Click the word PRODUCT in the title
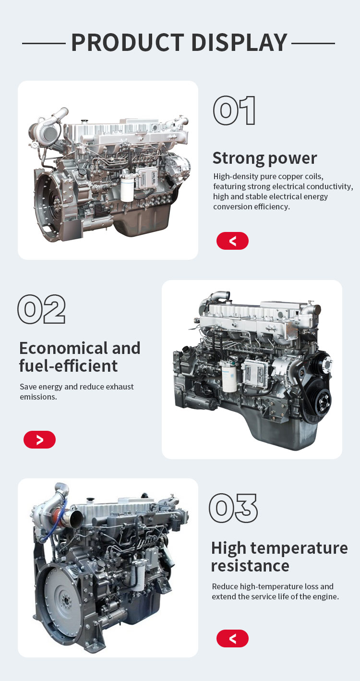pos(128,42)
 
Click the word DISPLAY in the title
pos(240,42)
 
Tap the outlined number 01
pos(234,110)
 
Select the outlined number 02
pos(42,309)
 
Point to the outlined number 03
pos(233,508)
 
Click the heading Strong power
pos(264,158)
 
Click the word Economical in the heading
pos(62,348)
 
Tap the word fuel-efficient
pos(68,366)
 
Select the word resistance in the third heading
pos(250,566)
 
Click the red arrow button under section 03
pos(232,638)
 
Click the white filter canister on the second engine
pos(229,377)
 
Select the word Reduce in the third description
pos(225,586)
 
